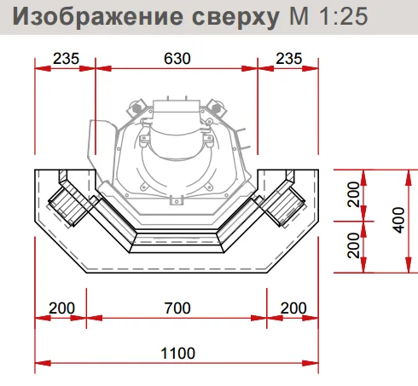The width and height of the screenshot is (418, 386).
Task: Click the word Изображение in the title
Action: point(97,16)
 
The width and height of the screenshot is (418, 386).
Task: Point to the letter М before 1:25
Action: point(299,16)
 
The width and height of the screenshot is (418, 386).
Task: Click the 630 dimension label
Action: point(177,59)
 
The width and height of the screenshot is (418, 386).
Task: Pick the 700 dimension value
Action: point(177,308)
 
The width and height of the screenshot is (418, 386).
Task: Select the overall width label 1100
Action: point(177,354)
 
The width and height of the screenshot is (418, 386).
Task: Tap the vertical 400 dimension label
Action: point(399,220)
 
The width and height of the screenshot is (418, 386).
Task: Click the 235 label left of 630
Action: point(66,59)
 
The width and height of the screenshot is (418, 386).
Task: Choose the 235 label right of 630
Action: point(289,59)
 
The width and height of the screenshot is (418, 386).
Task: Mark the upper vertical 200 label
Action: point(354,194)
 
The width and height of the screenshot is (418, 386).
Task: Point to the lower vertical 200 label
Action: point(354,245)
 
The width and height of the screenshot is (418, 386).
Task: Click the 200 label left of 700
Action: point(61,308)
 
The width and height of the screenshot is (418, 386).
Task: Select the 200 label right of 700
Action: point(293,308)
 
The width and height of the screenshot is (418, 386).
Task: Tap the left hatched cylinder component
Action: point(69,206)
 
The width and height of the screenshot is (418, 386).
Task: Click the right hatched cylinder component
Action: point(284,206)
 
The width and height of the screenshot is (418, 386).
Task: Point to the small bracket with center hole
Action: point(177,200)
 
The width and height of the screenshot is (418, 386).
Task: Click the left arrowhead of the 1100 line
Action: point(43,363)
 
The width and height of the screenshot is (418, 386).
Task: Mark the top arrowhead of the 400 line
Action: point(409,177)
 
